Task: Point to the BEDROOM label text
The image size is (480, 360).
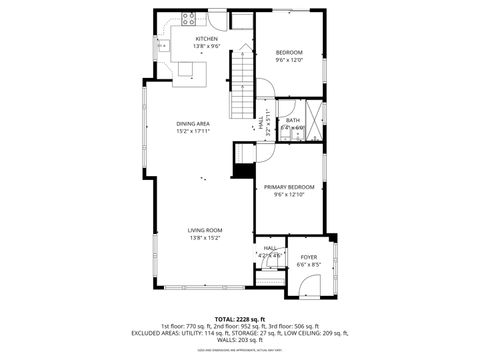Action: [289, 51]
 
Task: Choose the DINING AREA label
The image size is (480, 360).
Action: [193, 123]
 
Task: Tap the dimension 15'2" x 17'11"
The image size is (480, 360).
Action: [193, 131]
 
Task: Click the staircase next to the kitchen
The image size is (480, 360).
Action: [242, 85]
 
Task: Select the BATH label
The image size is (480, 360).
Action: [292, 120]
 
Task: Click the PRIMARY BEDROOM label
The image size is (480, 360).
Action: [289, 187]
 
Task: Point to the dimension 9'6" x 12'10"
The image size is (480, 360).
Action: [289, 195]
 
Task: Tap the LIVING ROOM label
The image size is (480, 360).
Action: [205, 230]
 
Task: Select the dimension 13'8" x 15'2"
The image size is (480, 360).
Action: [205, 238]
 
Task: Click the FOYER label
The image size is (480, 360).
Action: [309, 257]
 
